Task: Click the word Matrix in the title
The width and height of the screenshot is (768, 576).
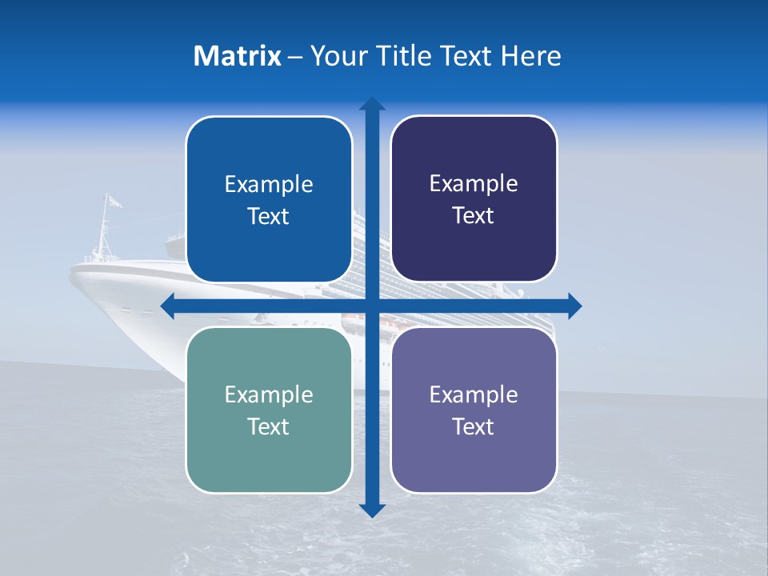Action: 237,56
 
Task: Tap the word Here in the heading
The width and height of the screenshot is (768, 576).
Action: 530,56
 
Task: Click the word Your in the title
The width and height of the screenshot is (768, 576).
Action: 336,56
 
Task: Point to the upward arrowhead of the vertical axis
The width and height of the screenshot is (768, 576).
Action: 372,105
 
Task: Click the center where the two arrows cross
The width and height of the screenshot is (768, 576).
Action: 372,306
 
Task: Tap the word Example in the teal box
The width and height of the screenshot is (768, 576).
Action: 269,394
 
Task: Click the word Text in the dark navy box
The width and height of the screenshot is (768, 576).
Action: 474,216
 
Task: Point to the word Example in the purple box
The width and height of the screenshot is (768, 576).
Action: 474,394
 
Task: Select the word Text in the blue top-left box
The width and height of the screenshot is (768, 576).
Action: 269,217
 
